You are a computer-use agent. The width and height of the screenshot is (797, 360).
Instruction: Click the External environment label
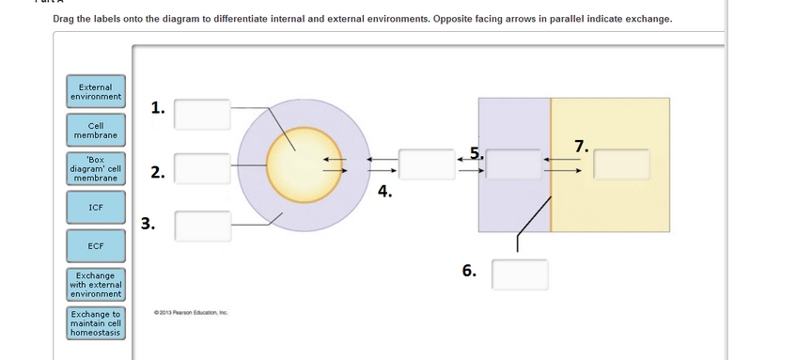(95, 91)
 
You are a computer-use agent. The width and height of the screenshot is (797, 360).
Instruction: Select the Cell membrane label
(95, 130)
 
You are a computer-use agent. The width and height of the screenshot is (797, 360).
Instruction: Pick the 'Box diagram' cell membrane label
(95, 168)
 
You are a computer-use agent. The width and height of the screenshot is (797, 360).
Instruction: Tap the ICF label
(95, 207)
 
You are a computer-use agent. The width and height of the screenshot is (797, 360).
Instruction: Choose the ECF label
(95, 245)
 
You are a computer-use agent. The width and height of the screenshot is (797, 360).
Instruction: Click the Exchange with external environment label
(95, 284)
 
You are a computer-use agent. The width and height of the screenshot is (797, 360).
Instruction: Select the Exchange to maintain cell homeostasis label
(95, 322)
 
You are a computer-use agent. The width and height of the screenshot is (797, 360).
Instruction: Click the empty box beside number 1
(202, 114)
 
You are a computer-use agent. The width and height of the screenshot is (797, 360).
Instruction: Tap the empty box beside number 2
(202, 169)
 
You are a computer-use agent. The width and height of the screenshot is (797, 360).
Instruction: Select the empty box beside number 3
(202, 226)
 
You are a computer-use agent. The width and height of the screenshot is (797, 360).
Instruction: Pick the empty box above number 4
(428, 164)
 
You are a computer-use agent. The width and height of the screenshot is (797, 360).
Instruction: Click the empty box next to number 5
(513, 164)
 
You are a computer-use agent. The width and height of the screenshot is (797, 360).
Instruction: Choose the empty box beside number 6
(520, 274)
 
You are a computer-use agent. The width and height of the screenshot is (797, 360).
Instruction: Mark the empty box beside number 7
(621, 164)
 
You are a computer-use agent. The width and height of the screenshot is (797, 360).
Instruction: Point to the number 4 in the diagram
(383, 192)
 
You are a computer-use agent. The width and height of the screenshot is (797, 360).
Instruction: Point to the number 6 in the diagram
(469, 272)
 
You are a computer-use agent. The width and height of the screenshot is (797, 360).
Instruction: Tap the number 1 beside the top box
(158, 107)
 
